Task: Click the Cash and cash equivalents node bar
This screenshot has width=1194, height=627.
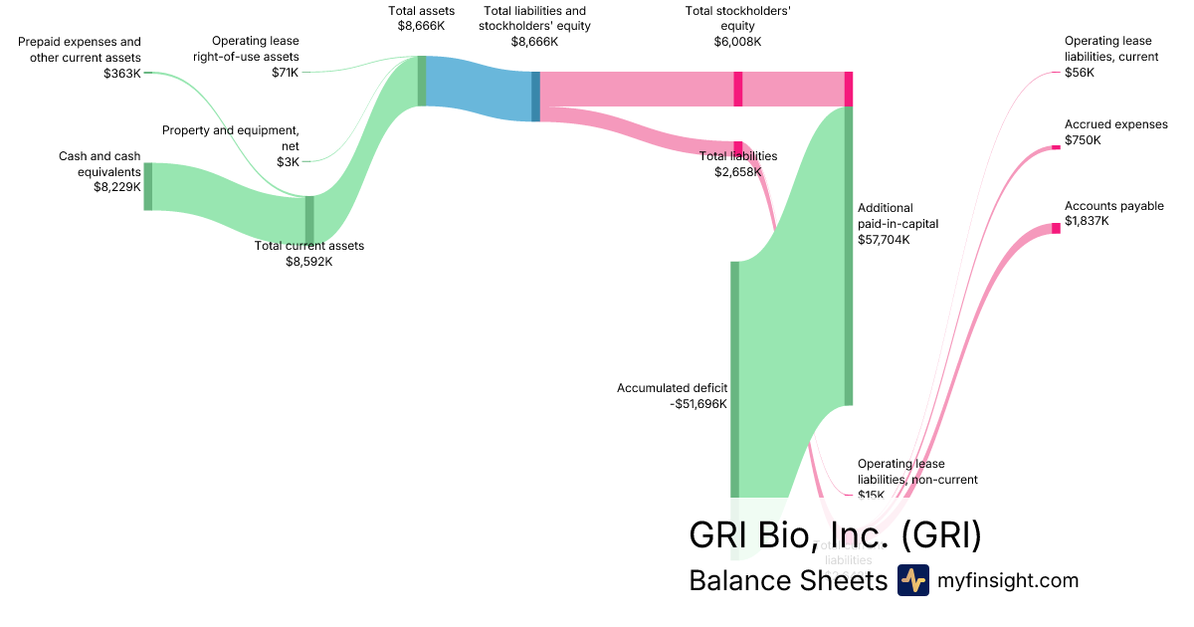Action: pyautogui.click(x=148, y=186)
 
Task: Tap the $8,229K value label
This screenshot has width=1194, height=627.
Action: pyautogui.click(x=117, y=186)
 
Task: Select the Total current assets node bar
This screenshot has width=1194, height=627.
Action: pyautogui.click(x=309, y=219)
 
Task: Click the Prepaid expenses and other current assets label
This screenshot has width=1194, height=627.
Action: pyautogui.click(x=81, y=50)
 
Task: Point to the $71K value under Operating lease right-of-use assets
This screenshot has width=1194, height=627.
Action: pyautogui.click(x=285, y=73)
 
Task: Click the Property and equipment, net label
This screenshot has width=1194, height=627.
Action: pyautogui.click(x=231, y=138)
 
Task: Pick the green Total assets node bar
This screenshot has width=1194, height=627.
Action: pyautogui.click(x=422, y=81)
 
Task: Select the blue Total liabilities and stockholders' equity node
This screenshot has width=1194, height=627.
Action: pyautogui.click(x=535, y=97)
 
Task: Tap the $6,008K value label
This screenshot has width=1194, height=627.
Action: pyautogui.click(x=737, y=42)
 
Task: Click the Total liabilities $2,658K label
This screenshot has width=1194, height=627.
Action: pyautogui.click(x=737, y=164)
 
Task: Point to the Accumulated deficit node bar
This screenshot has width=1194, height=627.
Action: pyautogui.click(x=735, y=378)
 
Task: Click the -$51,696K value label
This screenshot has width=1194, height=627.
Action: pyautogui.click(x=698, y=404)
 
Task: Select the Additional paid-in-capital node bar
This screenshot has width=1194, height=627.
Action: pyautogui.click(x=849, y=255)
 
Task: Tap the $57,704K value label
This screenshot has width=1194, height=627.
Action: pyautogui.click(x=884, y=240)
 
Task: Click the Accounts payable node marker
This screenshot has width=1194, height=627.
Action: pyautogui.click(x=1057, y=229)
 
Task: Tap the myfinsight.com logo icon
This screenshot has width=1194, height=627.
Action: pyautogui.click(x=912, y=580)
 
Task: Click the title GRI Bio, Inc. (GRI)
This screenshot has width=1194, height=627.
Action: pyautogui.click(x=835, y=534)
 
